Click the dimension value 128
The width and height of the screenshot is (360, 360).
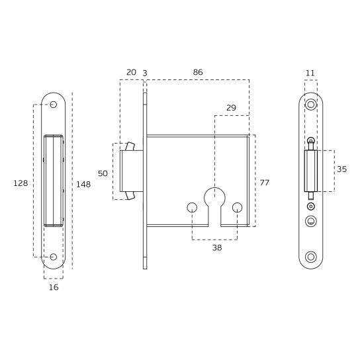pyautogui.click(x=21, y=183)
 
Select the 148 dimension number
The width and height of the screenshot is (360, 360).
pyautogui.click(x=83, y=184)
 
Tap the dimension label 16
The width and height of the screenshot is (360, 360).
pyautogui.click(x=54, y=287)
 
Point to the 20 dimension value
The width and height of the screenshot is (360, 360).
pyautogui.click(x=130, y=72)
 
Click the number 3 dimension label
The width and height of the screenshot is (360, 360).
pyautogui.click(x=144, y=72)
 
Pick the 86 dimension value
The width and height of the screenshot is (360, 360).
pyautogui.click(x=197, y=72)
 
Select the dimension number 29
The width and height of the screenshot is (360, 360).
pyautogui.click(x=231, y=107)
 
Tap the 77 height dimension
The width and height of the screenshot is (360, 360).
pyautogui.click(x=265, y=182)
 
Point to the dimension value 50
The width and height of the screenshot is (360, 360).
pyautogui.click(x=103, y=173)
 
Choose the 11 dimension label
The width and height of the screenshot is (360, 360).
pyautogui.click(x=310, y=72)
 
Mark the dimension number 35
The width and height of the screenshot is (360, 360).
pyautogui.click(x=341, y=169)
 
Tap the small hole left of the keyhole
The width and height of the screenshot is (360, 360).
pyautogui.click(x=192, y=208)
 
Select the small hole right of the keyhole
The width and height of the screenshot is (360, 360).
pyautogui.click(x=238, y=208)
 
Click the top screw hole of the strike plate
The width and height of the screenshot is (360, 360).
pyautogui.click(x=54, y=104)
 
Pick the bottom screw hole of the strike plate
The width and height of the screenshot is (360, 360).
pyautogui.click(x=54, y=257)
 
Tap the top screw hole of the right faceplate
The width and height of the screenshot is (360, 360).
pyautogui.click(x=310, y=104)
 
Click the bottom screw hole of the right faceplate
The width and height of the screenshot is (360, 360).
pyautogui.click(x=310, y=257)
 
